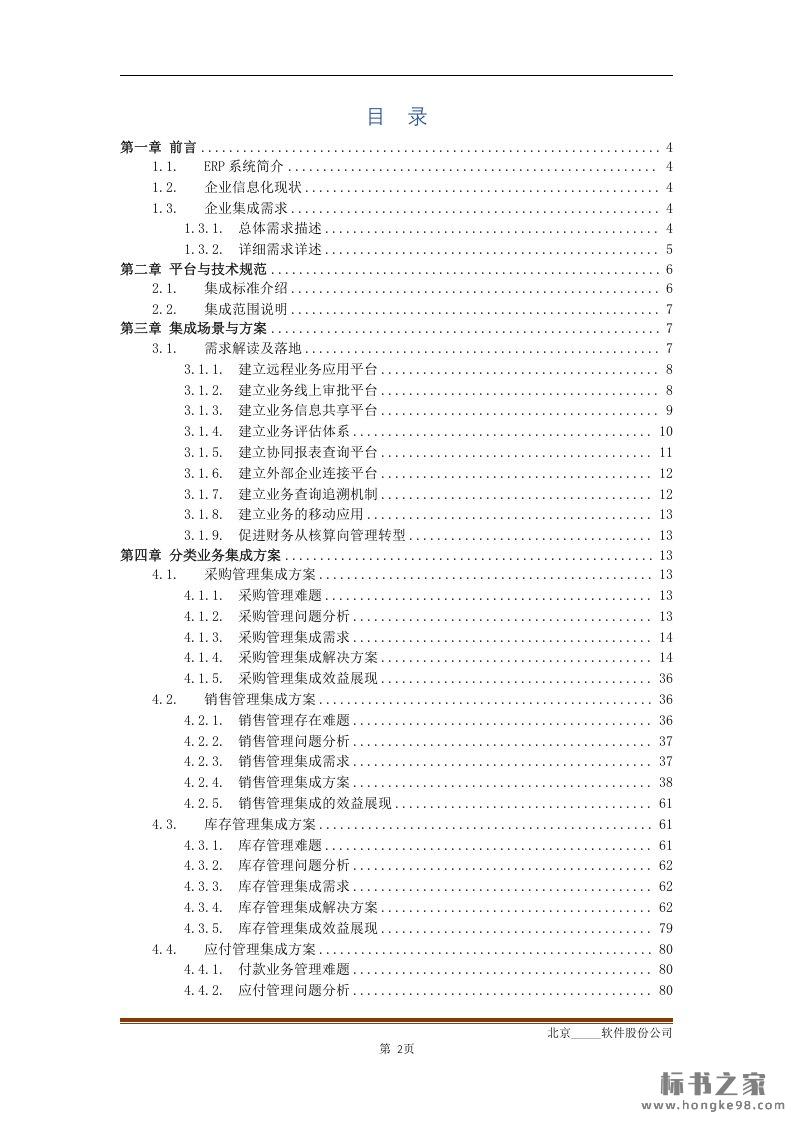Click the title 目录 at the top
coord(397,117)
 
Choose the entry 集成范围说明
coord(246,309)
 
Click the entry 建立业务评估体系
coord(295,432)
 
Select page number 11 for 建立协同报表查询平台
coord(666,453)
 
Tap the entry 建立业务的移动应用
coord(301,515)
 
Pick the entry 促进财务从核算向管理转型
coord(322,536)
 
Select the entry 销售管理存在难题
coord(295,721)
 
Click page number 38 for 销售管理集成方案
coord(666,783)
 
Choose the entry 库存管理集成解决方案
coord(309,908)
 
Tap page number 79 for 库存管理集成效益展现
coord(666,928)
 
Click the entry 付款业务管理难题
coord(295,970)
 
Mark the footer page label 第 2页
coord(397,1049)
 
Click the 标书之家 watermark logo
coord(712,1084)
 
